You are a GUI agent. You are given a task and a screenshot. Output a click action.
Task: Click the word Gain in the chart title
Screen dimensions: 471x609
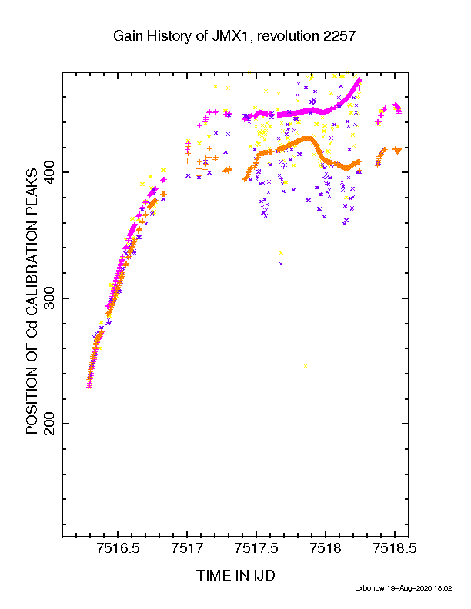click(x=128, y=35)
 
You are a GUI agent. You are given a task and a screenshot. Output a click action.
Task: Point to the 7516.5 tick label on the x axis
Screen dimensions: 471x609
click(x=119, y=548)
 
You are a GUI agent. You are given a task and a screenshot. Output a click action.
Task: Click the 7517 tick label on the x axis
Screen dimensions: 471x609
click(x=187, y=548)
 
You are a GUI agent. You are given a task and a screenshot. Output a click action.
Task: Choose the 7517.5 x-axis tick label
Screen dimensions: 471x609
click(x=256, y=548)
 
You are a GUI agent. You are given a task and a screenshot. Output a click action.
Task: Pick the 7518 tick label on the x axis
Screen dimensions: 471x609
click(x=326, y=548)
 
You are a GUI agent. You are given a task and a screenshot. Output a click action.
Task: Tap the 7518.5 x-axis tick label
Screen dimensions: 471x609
click(x=395, y=548)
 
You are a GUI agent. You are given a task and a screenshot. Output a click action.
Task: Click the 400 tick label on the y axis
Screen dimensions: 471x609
click(x=50, y=172)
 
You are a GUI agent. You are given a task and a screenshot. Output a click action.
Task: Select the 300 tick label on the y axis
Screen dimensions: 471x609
click(x=50, y=298)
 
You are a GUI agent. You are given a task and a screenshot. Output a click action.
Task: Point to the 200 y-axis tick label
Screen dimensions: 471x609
click(x=50, y=424)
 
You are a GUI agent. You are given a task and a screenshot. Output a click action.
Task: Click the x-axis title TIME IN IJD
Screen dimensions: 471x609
click(x=235, y=575)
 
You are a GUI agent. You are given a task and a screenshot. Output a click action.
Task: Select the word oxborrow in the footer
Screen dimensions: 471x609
click(x=369, y=588)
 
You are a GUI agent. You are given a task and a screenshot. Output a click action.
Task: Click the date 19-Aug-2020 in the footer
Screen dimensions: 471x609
click(x=409, y=588)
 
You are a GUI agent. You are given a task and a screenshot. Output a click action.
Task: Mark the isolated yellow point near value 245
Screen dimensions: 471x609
click(x=306, y=366)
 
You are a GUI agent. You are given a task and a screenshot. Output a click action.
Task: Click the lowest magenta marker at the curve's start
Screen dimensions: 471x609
click(x=89, y=388)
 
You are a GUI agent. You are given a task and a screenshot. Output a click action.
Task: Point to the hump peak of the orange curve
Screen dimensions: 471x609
click(x=307, y=138)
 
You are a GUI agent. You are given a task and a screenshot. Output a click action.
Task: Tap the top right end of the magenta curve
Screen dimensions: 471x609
click(x=360, y=80)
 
